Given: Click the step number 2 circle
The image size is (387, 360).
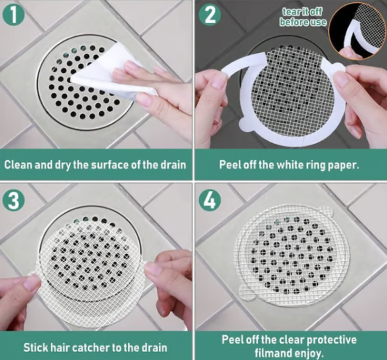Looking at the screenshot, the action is coord(210,15).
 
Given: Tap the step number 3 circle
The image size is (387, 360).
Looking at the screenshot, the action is coord(14,200).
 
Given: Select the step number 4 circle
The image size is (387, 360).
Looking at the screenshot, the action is coord(210,201).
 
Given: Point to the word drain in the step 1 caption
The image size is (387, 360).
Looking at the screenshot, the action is coord(174,165).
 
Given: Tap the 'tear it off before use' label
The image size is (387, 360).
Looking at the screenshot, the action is coord(303,17).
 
